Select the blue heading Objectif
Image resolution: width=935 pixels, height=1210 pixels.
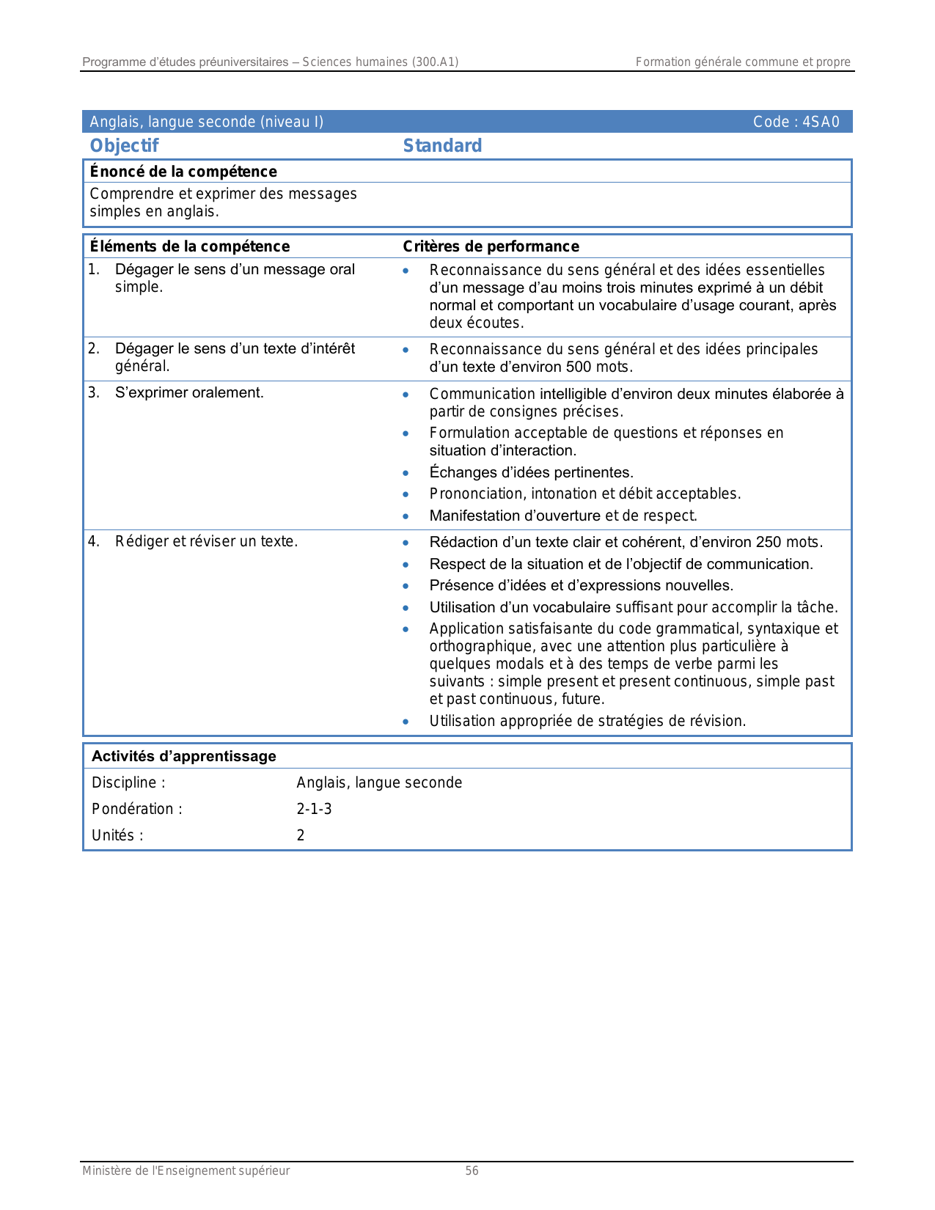[x=124, y=146]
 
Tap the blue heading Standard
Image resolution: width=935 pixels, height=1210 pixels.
[x=442, y=146]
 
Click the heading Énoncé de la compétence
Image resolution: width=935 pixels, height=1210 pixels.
[x=183, y=172]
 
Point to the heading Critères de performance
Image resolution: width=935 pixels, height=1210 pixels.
[x=491, y=246]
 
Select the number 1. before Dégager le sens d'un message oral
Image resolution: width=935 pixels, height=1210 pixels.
[x=93, y=270]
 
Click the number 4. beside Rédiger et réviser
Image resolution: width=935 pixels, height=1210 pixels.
[x=93, y=542]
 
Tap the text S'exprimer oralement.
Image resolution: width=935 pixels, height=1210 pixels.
[x=189, y=393]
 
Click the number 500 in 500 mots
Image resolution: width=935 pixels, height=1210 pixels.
[x=579, y=367]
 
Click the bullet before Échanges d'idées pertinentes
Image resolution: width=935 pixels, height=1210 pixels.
[x=406, y=473]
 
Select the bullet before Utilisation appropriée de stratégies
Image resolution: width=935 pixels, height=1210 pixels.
[x=406, y=722]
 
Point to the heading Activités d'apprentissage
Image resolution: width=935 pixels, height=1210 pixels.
[x=184, y=756]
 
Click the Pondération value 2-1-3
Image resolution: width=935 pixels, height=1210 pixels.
[x=314, y=809]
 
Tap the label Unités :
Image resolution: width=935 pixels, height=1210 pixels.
[x=117, y=835]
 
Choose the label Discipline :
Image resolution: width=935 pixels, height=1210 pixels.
[x=128, y=782]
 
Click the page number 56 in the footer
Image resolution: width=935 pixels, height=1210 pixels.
[x=472, y=1171]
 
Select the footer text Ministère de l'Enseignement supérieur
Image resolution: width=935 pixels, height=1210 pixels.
[x=186, y=1171]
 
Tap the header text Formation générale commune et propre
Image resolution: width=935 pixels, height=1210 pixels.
[x=742, y=62]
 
